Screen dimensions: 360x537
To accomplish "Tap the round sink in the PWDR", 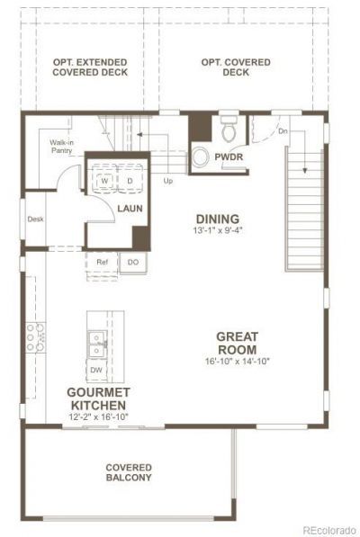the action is click(x=201, y=157).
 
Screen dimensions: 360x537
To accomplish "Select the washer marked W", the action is click(x=104, y=181).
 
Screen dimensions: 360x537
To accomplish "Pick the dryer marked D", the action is click(x=130, y=181).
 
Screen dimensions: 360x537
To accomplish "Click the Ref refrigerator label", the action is click(x=102, y=262).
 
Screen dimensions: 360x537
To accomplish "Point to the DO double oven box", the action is click(x=133, y=263).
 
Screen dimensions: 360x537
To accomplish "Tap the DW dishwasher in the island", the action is click(x=96, y=370).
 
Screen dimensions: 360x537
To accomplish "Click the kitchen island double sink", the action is click(x=97, y=345).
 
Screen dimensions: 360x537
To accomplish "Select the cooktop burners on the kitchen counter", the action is click(x=36, y=337).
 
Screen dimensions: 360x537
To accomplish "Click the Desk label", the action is click(x=36, y=219).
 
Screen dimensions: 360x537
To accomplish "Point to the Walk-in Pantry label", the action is click(x=61, y=147).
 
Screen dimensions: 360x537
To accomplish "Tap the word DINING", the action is click(x=218, y=219).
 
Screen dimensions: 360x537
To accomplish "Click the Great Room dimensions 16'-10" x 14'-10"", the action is click(x=238, y=361).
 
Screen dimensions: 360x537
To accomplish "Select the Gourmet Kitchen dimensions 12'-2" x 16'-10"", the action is click(x=98, y=416).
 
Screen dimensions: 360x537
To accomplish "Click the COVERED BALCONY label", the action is click(x=129, y=472).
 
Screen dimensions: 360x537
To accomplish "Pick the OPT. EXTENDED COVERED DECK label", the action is click(x=90, y=67).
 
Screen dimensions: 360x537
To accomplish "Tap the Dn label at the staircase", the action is click(x=283, y=130).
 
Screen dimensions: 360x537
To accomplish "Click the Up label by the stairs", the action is click(x=167, y=181).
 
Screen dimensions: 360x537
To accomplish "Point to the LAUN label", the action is click(x=130, y=208).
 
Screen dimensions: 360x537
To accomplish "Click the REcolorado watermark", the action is click(x=329, y=531).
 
